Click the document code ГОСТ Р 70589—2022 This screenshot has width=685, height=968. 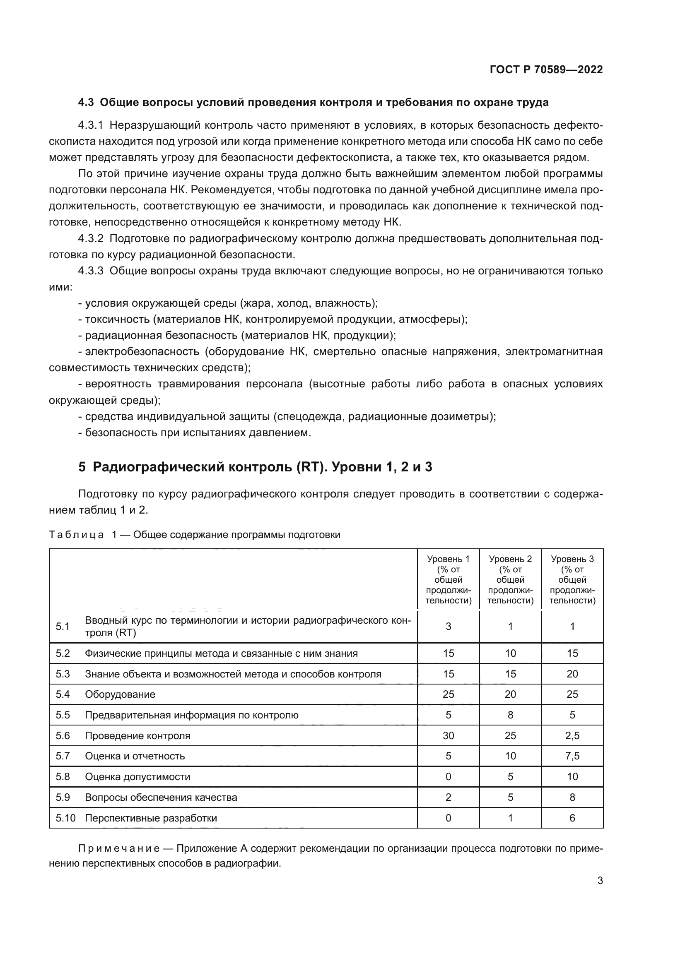[546, 70]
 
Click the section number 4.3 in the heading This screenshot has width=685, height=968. [86, 103]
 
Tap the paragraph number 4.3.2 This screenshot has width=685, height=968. [91, 239]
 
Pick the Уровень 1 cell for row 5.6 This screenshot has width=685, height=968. [448, 736]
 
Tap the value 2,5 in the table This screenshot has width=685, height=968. [572, 736]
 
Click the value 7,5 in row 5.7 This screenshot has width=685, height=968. [572, 756]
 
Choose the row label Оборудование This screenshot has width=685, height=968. [120, 694]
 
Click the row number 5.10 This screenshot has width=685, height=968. [65, 818]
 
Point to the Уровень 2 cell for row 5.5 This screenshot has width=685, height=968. [510, 715]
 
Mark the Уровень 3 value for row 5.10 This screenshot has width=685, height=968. [572, 818]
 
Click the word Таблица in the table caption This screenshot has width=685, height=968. [76, 535]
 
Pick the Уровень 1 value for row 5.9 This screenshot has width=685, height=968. [448, 797]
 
